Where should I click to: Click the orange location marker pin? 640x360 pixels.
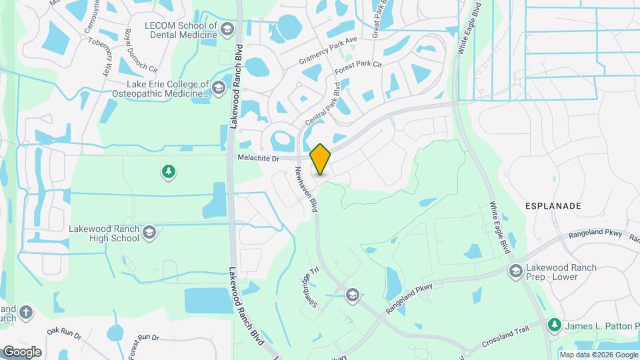coord(321,159)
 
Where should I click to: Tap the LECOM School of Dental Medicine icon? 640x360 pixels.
coord(227,29)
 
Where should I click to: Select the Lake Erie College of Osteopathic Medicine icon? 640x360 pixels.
coord(218,88)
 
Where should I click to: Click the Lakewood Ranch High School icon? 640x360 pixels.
coord(149,232)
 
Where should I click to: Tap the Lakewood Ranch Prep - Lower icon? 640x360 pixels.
coord(515,271)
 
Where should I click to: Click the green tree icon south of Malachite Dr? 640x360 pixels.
coord(169,173)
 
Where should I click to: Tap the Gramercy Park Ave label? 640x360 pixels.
coord(329,49)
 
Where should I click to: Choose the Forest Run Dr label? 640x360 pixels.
coord(143,338)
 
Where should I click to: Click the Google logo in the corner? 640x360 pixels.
coord(22,351)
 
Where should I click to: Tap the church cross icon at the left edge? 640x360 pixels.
coord(26,312)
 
